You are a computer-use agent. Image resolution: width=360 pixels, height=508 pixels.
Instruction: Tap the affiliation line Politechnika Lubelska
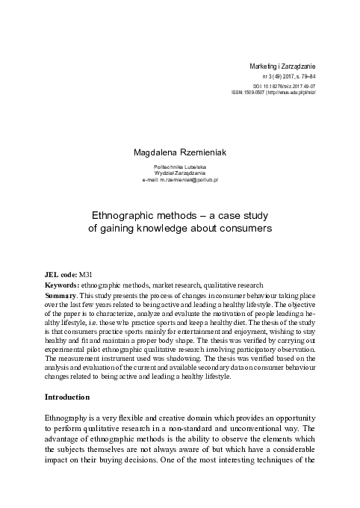(179, 166)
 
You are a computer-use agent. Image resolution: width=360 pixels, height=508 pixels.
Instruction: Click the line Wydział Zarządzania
(179, 173)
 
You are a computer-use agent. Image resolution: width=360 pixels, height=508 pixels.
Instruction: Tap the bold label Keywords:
(63, 285)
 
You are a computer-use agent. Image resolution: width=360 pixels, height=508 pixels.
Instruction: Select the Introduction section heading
(68, 396)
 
